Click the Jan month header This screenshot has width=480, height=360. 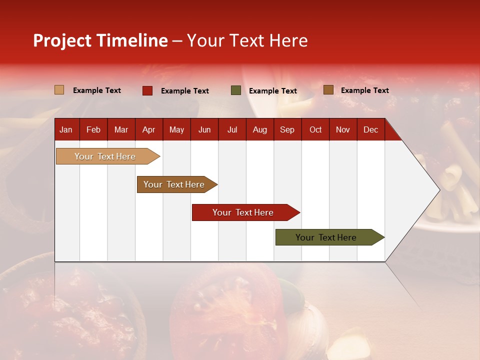[66, 130]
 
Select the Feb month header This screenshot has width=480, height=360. [93, 130]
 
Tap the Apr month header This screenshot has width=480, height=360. [148, 130]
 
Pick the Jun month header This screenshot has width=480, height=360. [204, 130]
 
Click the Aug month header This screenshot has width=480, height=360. [259, 130]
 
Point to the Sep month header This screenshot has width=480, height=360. [287, 130]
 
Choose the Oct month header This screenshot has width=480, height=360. [315, 130]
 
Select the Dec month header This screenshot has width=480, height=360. [370, 130]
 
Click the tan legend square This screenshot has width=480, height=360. [59, 90]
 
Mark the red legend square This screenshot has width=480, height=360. [147, 90]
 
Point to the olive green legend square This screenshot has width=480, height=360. [236, 90]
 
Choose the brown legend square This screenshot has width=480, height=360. [328, 90]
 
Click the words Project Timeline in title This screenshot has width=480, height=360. [100, 40]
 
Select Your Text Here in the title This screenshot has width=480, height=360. [247, 40]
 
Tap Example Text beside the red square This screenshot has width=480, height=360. [185, 91]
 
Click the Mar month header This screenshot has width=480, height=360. [121, 130]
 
